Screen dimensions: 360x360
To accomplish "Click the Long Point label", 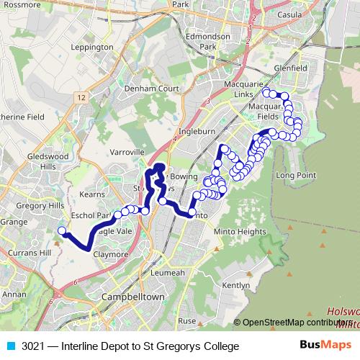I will tap(295, 175).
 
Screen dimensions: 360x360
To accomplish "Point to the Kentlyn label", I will tap(235, 285).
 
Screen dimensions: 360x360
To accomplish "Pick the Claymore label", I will tap(110, 254).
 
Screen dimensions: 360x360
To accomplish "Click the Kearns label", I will tap(93, 194).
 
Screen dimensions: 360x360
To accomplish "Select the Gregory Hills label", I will tap(41, 206).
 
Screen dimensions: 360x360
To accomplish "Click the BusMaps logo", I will tap(325, 345).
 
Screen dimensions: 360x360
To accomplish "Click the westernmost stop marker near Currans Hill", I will tap(62, 231).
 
